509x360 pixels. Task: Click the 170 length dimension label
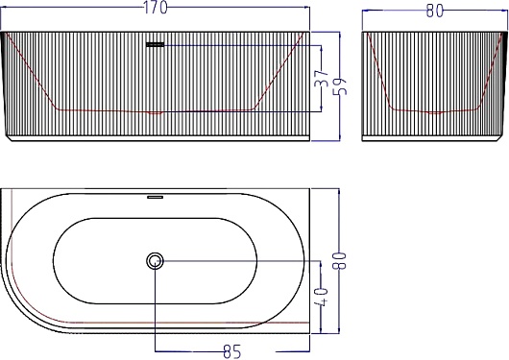coord(156,8)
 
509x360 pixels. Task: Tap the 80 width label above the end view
coord(434,11)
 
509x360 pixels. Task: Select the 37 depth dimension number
coord(322,78)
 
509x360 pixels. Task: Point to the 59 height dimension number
coord(340,86)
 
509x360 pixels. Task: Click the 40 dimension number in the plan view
coord(322,296)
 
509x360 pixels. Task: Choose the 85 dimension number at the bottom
coord(232,352)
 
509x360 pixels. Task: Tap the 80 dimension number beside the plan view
coord(340,261)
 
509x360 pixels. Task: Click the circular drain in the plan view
coord(155,261)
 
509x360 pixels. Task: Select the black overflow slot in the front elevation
coord(156,44)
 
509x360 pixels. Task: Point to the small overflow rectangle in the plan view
coord(156,197)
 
